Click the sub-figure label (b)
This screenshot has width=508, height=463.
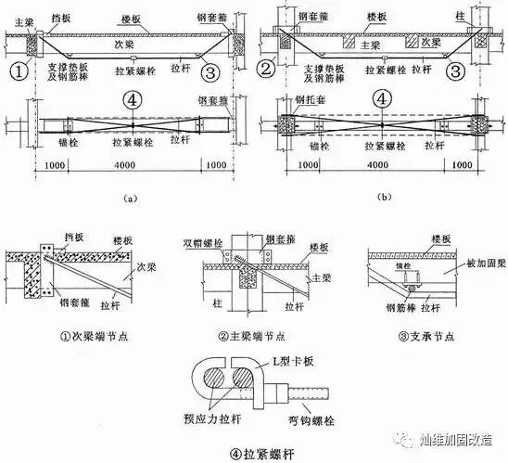click(x=384, y=197)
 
